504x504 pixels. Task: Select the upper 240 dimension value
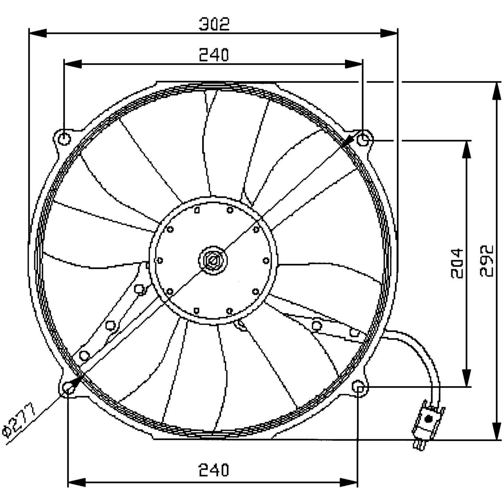(x=214, y=55)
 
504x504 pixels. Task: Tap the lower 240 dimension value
(x=214, y=470)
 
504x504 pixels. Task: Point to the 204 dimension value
(x=457, y=263)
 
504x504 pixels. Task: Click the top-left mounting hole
(x=65, y=139)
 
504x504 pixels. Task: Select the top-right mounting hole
(x=363, y=140)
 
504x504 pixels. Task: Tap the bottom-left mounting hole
(x=68, y=387)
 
